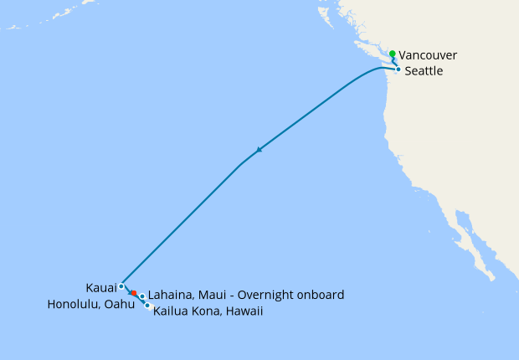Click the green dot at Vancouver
point(393,54)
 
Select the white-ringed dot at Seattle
point(398,69)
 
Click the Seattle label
point(424,72)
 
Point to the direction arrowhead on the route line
point(260,151)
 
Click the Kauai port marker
point(121,286)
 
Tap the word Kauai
point(101,287)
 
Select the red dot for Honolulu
point(133,294)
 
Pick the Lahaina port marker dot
point(142,296)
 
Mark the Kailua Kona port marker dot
point(147,306)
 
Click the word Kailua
point(171,312)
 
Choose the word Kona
point(208,312)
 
